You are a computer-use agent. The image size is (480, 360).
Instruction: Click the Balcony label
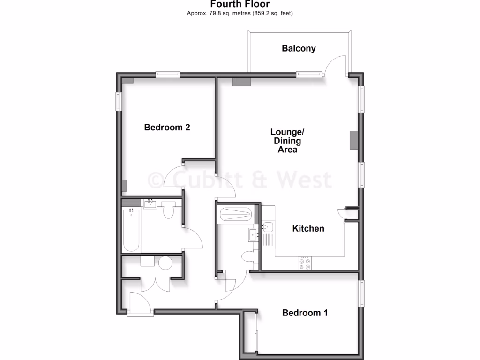click(x=299, y=48)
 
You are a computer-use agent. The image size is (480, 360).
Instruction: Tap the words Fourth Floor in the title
click(x=240, y=4)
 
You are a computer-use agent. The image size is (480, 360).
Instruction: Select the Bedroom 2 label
click(x=167, y=127)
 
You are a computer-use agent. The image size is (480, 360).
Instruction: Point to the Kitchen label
click(x=308, y=229)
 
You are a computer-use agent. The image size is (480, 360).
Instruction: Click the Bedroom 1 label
click(x=305, y=313)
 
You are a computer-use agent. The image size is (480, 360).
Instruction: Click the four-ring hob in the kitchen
click(x=304, y=263)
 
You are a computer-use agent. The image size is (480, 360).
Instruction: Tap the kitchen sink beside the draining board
click(x=268, y=228)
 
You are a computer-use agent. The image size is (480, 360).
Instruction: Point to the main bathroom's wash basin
click(x=150, y=204)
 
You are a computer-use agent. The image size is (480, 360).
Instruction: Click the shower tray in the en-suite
click(x=236, y=215)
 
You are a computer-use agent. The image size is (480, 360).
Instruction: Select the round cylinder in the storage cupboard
click(x=165, y=263)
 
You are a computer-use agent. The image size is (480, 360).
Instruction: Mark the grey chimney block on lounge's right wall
click(x=354, y=140)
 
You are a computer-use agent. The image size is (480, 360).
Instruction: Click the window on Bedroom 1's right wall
click(x=361, y=293)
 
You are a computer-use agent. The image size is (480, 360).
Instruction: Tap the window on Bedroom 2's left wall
click(x=119, y=101)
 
